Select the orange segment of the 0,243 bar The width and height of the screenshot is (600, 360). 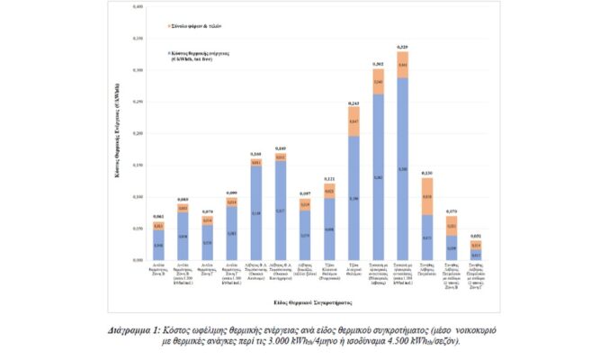pos(354,121)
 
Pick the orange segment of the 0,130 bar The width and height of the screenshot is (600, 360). pos(426,195)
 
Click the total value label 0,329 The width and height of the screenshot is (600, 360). pos(402,47)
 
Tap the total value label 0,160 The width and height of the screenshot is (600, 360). pos(255,154)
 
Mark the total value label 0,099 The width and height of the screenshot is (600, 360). pos(231,193)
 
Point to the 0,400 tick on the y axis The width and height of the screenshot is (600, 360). pos(139,7)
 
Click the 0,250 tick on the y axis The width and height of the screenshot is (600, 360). pos(139,102)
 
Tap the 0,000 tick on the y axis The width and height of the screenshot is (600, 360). pos(139,260)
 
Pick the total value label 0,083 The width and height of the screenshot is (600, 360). pos(183,200)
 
